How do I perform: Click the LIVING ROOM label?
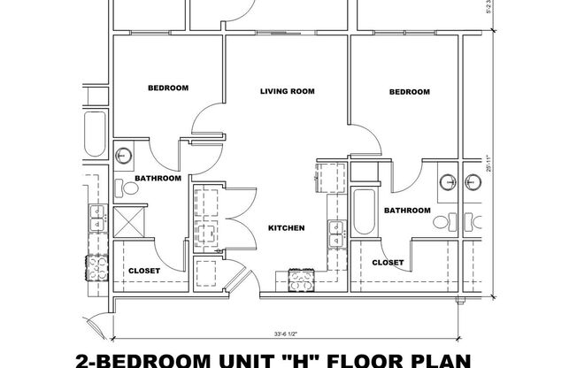tap(288, 91)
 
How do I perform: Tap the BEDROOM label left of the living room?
tap(167, 88)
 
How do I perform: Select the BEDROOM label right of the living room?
tap(410, 92)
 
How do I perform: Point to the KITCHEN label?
tap(287, 228)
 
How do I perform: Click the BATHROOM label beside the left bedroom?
tap(158, 179)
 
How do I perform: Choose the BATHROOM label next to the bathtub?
tap(407, 211)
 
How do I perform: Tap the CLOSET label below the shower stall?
tap(144, 271)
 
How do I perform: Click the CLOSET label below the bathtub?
tap(388, 263)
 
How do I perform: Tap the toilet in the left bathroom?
tap(120, 188)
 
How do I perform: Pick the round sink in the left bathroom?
tap(125, 156)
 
